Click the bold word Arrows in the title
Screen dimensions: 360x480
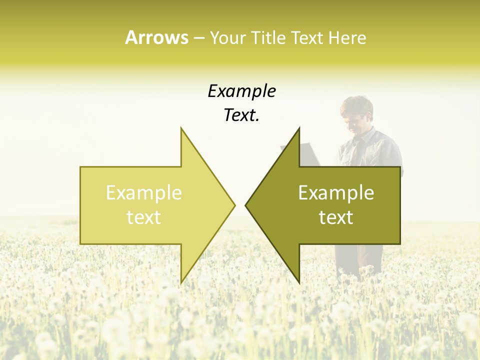(156, 37)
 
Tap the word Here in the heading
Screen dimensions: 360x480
(347, 37)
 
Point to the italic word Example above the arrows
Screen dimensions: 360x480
(241, 91)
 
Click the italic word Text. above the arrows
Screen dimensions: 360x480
(241, 115)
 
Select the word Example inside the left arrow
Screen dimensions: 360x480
(144, 193)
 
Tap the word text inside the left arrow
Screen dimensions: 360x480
(144, 217)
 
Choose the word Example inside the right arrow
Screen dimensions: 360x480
(336, 193)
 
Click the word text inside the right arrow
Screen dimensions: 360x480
(336, 217)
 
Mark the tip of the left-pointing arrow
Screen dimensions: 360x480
(246, 205)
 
